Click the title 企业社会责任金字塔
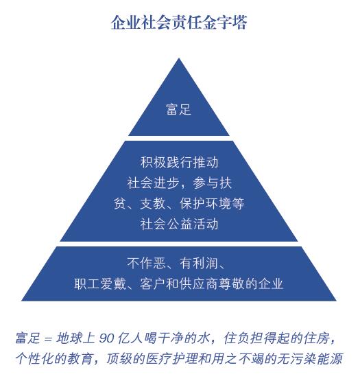click(x=179, y=23)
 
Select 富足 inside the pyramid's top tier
click(x=179, y=109)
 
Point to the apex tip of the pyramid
click(x=179, y=58)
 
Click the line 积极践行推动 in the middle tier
click(x=180, y=163)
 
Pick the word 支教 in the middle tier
click(x=153, y=203)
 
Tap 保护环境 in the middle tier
click(x=205, y=203)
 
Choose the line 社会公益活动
click(x=180, y=224)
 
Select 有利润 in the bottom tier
click(x=198, y=264)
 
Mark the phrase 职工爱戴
click(x=100, y=284)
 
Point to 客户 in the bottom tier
click(x=153, y=284)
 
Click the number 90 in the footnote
click(x=106, y=338)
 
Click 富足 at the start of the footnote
click(x=27, y=338)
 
